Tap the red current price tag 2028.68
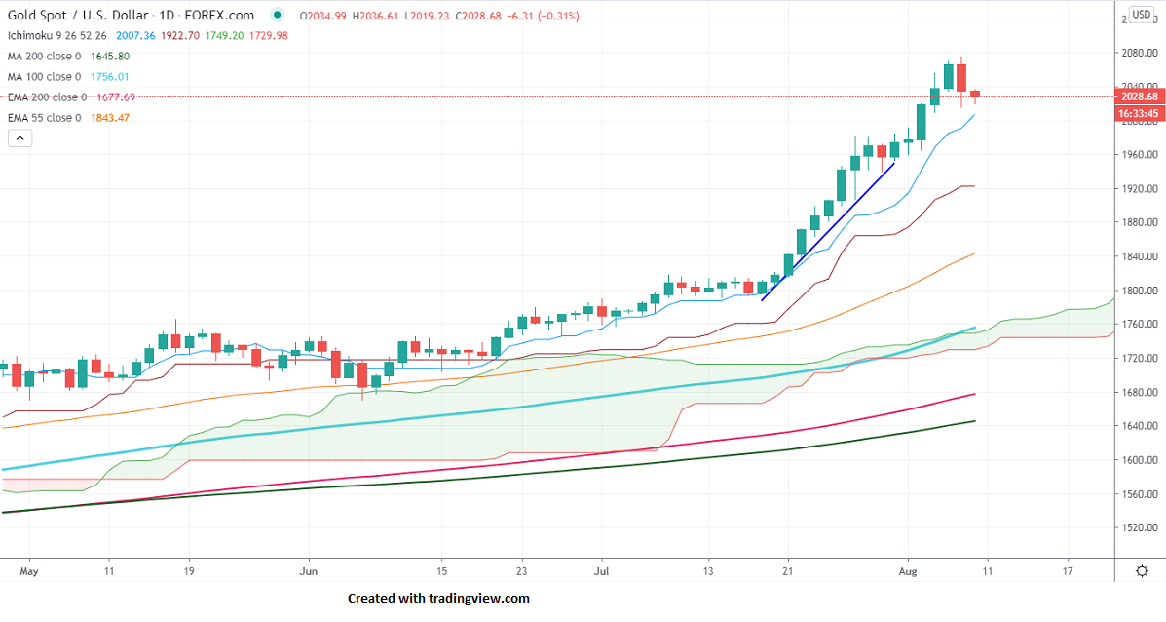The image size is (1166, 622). click(1139, 97)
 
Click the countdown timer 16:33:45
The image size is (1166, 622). click(1139, 113)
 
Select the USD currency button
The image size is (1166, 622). click(1141, 16)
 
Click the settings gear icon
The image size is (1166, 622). click(1142, 571)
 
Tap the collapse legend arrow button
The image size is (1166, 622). click(20, 138)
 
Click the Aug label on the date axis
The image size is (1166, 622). click(908, 570)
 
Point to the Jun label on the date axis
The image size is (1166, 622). click(309, 570)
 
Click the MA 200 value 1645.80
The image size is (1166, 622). click(110, 56)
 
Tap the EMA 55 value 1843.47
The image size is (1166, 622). click(109, 118)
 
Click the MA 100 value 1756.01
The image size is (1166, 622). click(110, 76)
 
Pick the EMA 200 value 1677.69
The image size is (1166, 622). click(115, 97)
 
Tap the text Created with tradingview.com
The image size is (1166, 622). click(438, 598)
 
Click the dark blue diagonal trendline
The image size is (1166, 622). click(828, 230)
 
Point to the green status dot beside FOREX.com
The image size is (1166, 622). click(279, 15)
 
